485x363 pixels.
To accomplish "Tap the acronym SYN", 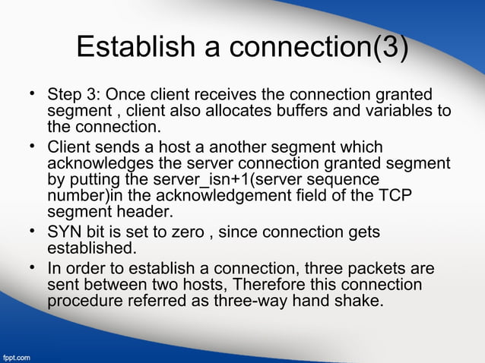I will pos(65,232).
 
